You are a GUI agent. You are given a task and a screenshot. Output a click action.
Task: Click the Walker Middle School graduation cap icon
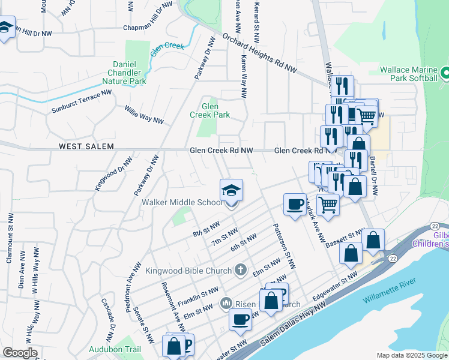point(232,191)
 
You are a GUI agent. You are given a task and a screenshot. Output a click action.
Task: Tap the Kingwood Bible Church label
point(189,271)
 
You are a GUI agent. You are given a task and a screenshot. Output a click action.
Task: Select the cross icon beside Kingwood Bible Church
point(240,269)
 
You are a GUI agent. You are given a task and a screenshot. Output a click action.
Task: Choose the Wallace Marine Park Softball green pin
point(445,74)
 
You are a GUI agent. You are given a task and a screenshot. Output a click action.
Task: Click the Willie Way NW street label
point(144,115)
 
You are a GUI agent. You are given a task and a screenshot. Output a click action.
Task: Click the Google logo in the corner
point(20,353)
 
